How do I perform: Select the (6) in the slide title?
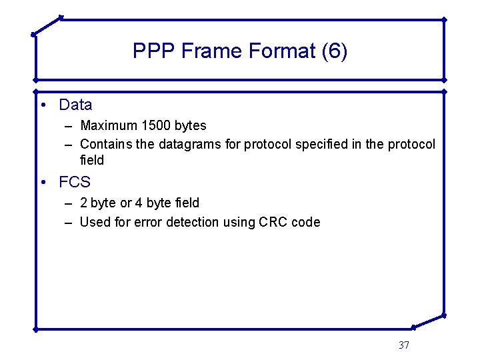pyautogui.click(x=334, y=51)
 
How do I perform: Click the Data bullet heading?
pyautogui.click(x=75, y=105)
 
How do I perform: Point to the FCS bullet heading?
pyautogui.click(x=75, y=182)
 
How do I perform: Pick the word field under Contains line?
pyautogui.click(x=92, y=161)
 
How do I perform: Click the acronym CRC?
pyautogui.click(x=273, y=222)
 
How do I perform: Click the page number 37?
pyautogui.click(x=403, y=345)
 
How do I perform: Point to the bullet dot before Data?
pyautogui.click(x=42, y=105)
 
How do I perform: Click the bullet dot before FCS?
pyautogui.click(x=42, y=183)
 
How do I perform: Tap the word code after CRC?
pyautogui.click(x=306, y=222)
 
